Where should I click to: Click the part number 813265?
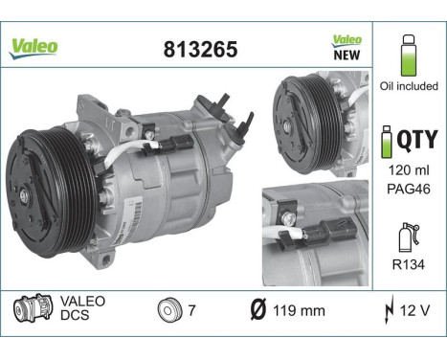click(x=200, y=50)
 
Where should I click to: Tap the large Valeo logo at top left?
click(x=34, y=49)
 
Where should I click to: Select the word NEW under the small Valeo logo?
click(x=346, y=55)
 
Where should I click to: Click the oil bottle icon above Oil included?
click(x=409, y=56)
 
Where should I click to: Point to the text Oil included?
click(x=409, y=86)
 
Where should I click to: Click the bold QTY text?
click(x=417, y=139)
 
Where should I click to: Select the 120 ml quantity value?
click(x=409, y=170)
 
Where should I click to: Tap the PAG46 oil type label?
click(x=409, y=189)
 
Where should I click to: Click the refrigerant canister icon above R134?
click(x=409, y=237)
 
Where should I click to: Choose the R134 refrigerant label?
click(x=409, y=264)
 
